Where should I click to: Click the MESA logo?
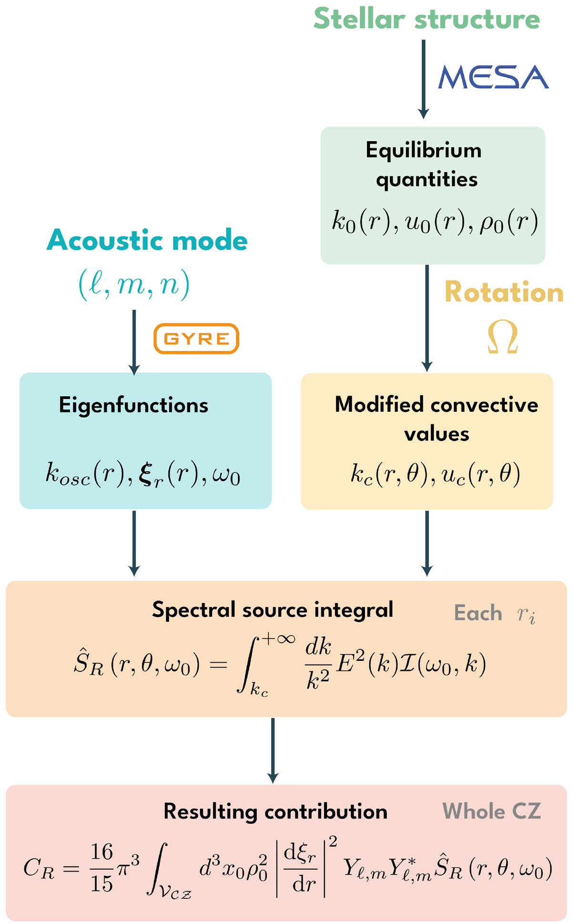pos(493,77)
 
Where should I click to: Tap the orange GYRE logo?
pos(196,339)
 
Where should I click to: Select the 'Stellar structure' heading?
pos(427,19)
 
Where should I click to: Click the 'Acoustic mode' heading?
pos(147,240)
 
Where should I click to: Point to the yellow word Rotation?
pos(504,292)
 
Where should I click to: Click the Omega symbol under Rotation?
pos(502,337)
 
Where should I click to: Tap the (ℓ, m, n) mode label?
pos(134,285)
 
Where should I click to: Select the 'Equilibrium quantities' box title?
pos(424,164)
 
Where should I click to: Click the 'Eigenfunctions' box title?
pos(133,405)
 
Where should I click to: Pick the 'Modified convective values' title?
pos(436,419)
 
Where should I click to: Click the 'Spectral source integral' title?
pos(272,609)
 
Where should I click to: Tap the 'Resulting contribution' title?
pos(275,811)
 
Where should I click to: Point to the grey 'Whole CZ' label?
pos(491,811)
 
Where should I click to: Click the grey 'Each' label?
pos(478,613)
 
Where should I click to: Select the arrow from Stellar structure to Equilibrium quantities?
pos(423,79)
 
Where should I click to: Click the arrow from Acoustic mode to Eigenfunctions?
pos(134,342)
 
